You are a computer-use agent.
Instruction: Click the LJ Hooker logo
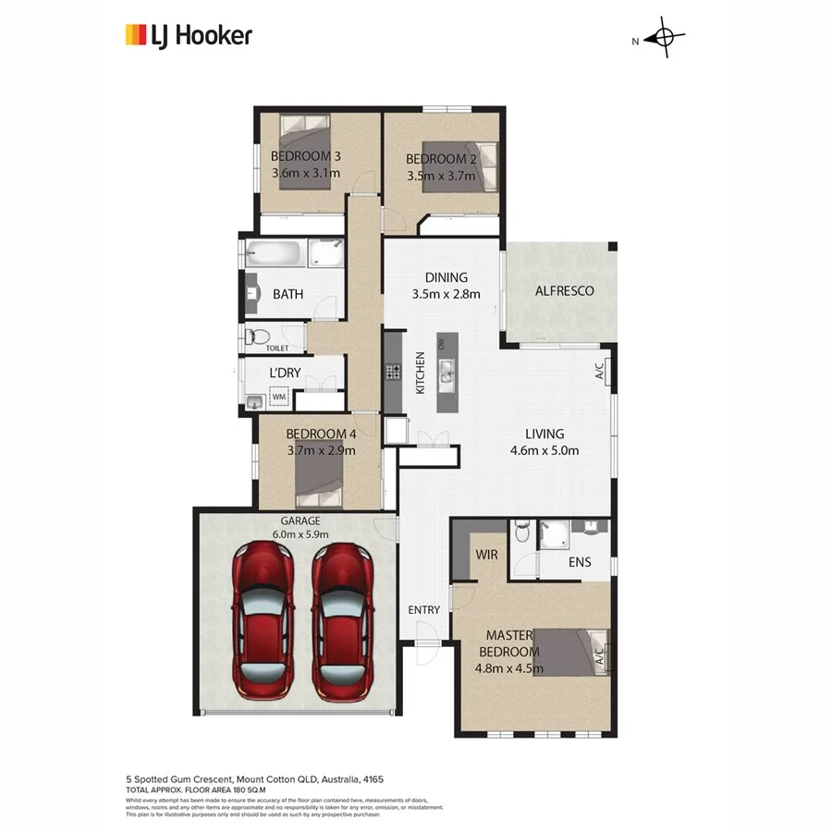(x=188, y=36)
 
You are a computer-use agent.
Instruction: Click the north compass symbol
(x=663, y=39)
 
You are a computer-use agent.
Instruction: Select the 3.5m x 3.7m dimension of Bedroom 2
(x=442, y=174)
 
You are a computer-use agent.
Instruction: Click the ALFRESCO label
(x=564, y=290)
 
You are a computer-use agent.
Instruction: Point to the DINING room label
(x=446, y=277)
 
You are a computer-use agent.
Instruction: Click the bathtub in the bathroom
(x=275, y=253)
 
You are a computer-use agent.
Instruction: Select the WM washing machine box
(x=279, y=397)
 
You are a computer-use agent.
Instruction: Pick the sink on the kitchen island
(x=447, y=373)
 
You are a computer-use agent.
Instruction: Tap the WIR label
(x=487, y=555)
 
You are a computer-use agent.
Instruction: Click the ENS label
(x=580, y=562)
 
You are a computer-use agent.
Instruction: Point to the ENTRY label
(x=424, y=610)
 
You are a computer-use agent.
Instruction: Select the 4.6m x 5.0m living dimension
(x=544, y=451)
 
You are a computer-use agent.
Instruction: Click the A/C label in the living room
(x=598, y=371)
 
